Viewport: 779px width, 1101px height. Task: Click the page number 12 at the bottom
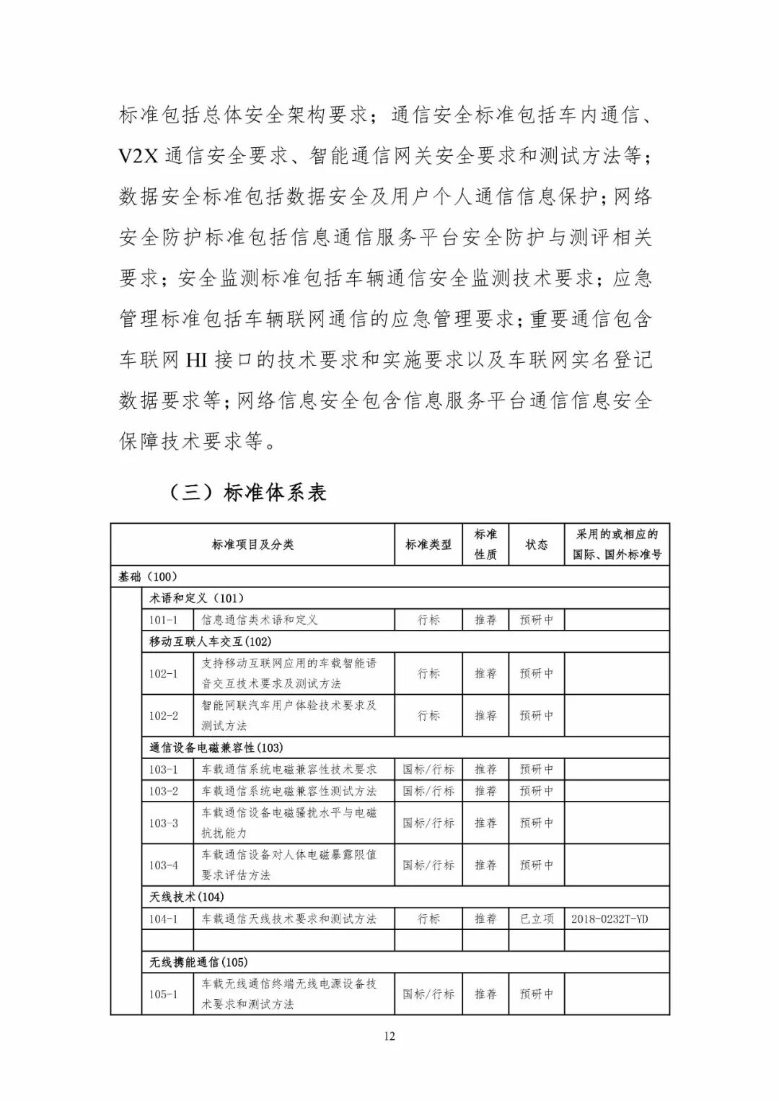click(x=389, y=1037)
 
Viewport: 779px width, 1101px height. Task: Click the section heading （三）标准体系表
click(x=247, y=493)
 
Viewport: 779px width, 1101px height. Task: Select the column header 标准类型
click(x=428, y=545)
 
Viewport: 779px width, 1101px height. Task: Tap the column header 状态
click(x=536, y=545)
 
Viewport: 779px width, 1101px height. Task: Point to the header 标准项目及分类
click(x=252, y=545)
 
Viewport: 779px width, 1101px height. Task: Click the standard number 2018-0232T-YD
click(x=609, y=919)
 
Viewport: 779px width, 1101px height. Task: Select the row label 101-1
click(x=163, y=620)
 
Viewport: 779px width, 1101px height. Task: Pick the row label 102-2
click(x=163, y=716)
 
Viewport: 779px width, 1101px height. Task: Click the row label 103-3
click(x=163, y=823)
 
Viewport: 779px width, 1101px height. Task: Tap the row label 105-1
click(x=163, y=994)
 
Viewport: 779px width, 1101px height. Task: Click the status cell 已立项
click(x=536, y=919)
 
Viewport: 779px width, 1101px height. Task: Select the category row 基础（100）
click(x=148, y=576)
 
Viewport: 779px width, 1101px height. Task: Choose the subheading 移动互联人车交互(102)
click(x=210, y=641)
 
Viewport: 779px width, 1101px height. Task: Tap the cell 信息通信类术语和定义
click(x=259, y=620)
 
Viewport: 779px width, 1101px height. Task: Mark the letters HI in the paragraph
click(x=197, y=359)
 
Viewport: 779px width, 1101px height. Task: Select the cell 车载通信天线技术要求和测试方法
click(x=289, y=919)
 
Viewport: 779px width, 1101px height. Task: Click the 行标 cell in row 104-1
click(x=428, y=919)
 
